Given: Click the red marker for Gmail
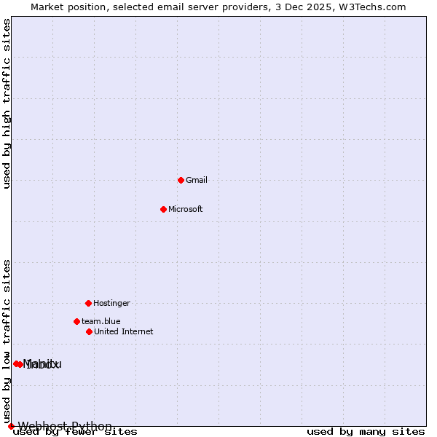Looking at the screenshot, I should [181, 180].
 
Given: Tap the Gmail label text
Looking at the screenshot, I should [197, 180].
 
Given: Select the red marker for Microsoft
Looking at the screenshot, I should [163, 209].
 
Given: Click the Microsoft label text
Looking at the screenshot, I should [186, 209].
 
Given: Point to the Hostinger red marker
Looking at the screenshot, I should [88, 303].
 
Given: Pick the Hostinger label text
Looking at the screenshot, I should [111, 303].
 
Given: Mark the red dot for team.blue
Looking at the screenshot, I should [76, 321].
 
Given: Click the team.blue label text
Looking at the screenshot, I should [101, 321].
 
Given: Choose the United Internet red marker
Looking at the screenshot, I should [89, 331].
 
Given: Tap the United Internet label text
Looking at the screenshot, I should [124, 331].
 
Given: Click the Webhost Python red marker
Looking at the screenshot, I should [11, 426].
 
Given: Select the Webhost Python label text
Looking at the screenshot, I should [65, 426].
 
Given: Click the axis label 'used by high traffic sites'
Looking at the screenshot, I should [7, 103].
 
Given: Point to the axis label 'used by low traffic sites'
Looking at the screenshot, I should [7, 341].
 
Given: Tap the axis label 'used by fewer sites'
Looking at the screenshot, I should [75, 432].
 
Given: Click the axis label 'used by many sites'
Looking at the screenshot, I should [366, 432].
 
